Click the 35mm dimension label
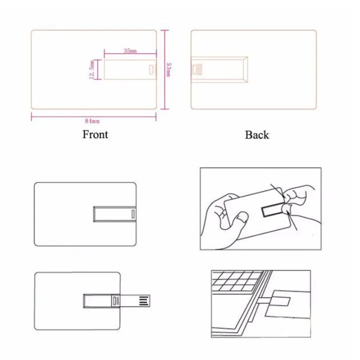(130, 51)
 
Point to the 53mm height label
(169, 69)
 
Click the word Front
(95, 134)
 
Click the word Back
(256, 134)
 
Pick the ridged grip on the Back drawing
(196, 68)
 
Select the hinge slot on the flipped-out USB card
(115, 301)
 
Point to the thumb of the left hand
(241, 218)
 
